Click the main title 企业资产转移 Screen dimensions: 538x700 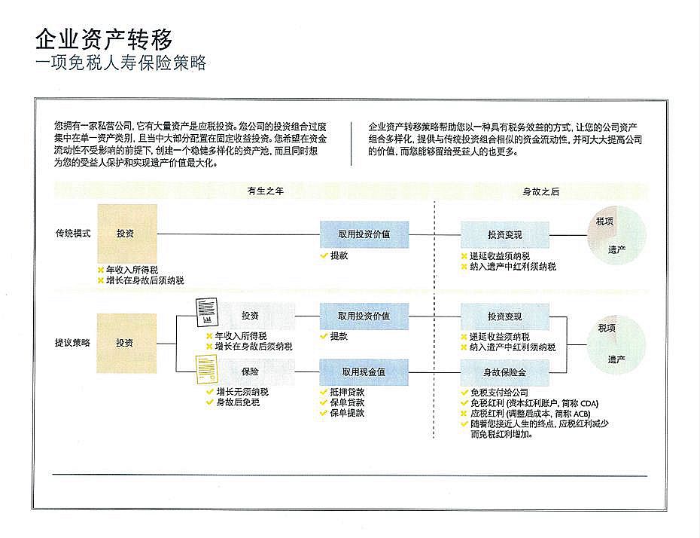105,37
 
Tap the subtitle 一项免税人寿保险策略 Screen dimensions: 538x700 120,62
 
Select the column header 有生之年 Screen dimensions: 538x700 265,191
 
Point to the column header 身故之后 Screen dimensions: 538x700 541,191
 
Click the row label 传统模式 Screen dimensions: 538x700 73,234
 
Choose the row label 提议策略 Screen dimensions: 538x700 73,342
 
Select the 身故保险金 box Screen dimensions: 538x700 504,371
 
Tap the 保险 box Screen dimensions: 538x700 250,371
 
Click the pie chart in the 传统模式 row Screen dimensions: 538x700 616,234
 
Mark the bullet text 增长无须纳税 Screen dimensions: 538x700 242,392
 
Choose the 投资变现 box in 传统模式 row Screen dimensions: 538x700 504,234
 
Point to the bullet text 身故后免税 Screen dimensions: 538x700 237,402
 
